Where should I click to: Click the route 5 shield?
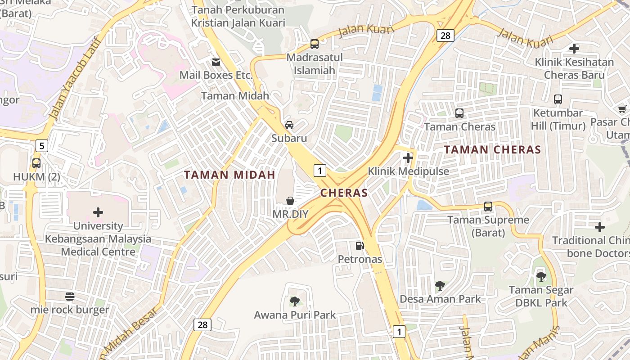coord(42,145)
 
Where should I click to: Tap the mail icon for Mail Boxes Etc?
coord(216,62)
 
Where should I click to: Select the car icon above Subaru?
coord(289,125)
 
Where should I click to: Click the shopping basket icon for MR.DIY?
coord(290,200)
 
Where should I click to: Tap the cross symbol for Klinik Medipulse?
coord(408,158)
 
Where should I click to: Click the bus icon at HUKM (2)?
coord(36,163)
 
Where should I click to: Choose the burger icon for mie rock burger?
coord(70,296)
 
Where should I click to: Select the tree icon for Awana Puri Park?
coord(294,301)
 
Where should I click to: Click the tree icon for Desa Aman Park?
coord(440,285)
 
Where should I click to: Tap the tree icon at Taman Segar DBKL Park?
coord(541,276)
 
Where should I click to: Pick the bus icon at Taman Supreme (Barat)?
coord(488,207)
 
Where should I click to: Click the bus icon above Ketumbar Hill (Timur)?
coord(558,99)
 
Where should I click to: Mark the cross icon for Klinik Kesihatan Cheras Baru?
coord(574,49)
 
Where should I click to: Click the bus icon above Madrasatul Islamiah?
coord(315,44)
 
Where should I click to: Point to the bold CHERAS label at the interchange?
coord(344,193)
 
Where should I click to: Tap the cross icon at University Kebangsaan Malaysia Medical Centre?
coord(98,212)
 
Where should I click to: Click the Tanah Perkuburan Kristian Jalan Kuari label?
coord(238,16)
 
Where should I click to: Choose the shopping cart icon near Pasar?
coord(623,108)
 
